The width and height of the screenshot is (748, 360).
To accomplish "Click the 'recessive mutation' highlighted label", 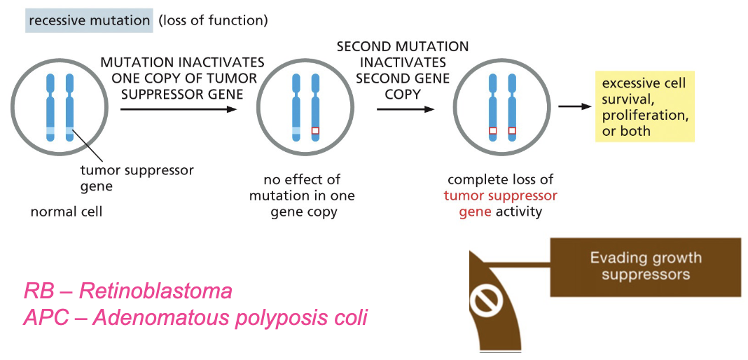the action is (x=89, y=21).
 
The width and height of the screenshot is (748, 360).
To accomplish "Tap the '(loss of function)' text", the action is (x=213, y=21).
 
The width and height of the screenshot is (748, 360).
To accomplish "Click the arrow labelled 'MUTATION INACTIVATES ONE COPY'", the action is (x=179, y=109).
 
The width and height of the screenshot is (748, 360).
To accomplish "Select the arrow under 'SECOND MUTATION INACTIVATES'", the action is (x=406, y=109).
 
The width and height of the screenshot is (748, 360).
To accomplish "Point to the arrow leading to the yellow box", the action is (x=573, y=105).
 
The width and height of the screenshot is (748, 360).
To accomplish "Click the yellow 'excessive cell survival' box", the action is (x=644, y=106).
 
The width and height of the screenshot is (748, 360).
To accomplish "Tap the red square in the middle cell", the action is (x=314, y=130).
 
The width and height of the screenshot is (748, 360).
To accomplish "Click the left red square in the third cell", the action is (x=493, y=130).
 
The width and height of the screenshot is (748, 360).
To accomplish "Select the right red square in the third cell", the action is (x=513, y=130).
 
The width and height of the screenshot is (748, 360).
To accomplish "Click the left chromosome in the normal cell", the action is (x=51, y=106).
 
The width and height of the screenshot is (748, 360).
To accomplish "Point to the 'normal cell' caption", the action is (x=67, y=212).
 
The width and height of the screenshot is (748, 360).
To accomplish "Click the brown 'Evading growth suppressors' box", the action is (x=646, y=267).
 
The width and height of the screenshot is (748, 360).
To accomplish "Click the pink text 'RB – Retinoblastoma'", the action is (x=127, y=291).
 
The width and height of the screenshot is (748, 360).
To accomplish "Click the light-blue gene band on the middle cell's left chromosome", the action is (x=296, y=130).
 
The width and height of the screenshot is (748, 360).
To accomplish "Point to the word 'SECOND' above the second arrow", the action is (x=363, y=47).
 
